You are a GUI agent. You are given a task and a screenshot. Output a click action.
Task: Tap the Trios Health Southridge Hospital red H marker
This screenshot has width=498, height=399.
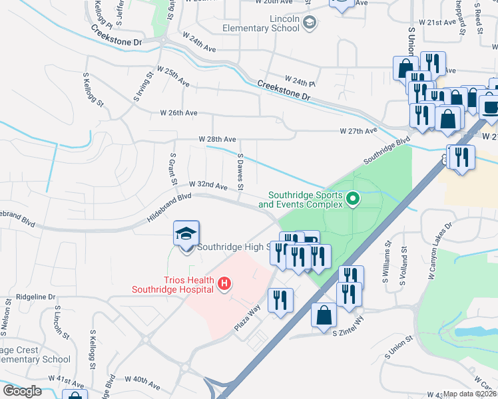[x=224, y=284]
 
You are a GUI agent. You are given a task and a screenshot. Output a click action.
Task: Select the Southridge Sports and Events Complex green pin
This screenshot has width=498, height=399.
[x=354, y=198]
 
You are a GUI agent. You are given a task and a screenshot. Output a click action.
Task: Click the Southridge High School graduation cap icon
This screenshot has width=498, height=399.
[x=186, y=234]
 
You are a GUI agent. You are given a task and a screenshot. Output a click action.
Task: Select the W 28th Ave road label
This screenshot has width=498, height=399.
[x=217, y=139]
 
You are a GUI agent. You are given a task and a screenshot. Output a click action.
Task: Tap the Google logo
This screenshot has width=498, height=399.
[x=22, y=391]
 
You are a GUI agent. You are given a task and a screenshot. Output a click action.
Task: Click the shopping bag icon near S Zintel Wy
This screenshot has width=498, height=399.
[x=324, y=315]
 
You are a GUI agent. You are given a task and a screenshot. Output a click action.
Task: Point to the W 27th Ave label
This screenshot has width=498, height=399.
[x=358, y=131]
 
